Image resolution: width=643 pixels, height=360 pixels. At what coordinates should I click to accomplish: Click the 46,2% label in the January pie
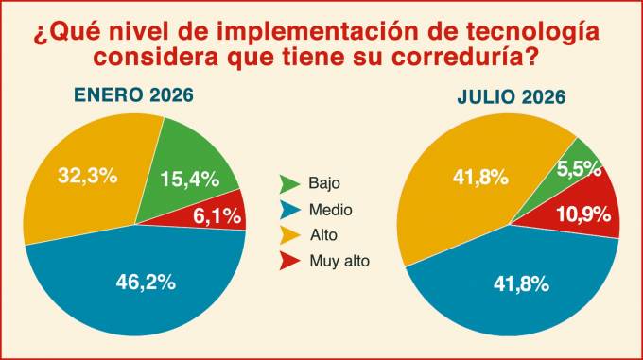(146, 283)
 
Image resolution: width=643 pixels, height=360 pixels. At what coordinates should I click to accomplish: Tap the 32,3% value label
(87, 176)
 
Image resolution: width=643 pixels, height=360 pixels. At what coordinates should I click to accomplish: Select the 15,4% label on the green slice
(189, 179)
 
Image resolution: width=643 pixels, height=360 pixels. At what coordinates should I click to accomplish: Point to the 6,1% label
(217, 215)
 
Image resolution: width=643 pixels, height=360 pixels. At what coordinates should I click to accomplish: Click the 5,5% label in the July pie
(579, 168)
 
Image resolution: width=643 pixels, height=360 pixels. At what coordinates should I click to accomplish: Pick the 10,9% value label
(583, 214)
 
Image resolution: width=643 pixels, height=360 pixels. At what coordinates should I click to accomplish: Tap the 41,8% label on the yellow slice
(480, 178)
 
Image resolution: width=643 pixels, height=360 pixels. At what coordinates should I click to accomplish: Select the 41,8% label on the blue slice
(521, 283)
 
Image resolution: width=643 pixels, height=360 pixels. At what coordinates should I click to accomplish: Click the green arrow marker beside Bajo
(289, 183)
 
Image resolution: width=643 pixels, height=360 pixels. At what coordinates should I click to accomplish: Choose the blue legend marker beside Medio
(290, 210)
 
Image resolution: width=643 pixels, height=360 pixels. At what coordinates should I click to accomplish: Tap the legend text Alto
(323, 235)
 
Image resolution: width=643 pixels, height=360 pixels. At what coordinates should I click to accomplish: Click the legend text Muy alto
(339, 261)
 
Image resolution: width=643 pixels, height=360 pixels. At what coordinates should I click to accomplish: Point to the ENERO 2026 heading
(133, 95)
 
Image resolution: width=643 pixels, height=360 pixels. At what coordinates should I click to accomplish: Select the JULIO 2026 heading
(512, 97)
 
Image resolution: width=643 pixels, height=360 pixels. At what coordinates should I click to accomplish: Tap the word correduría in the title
(458, 58)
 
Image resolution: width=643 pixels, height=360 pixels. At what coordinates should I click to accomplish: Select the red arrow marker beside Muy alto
(289, 261)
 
